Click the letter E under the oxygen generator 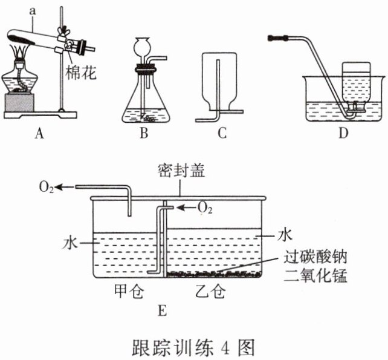pyautogui.click(x=161, y=311)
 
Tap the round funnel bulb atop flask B pyautogui.click(x=144, y=46)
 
